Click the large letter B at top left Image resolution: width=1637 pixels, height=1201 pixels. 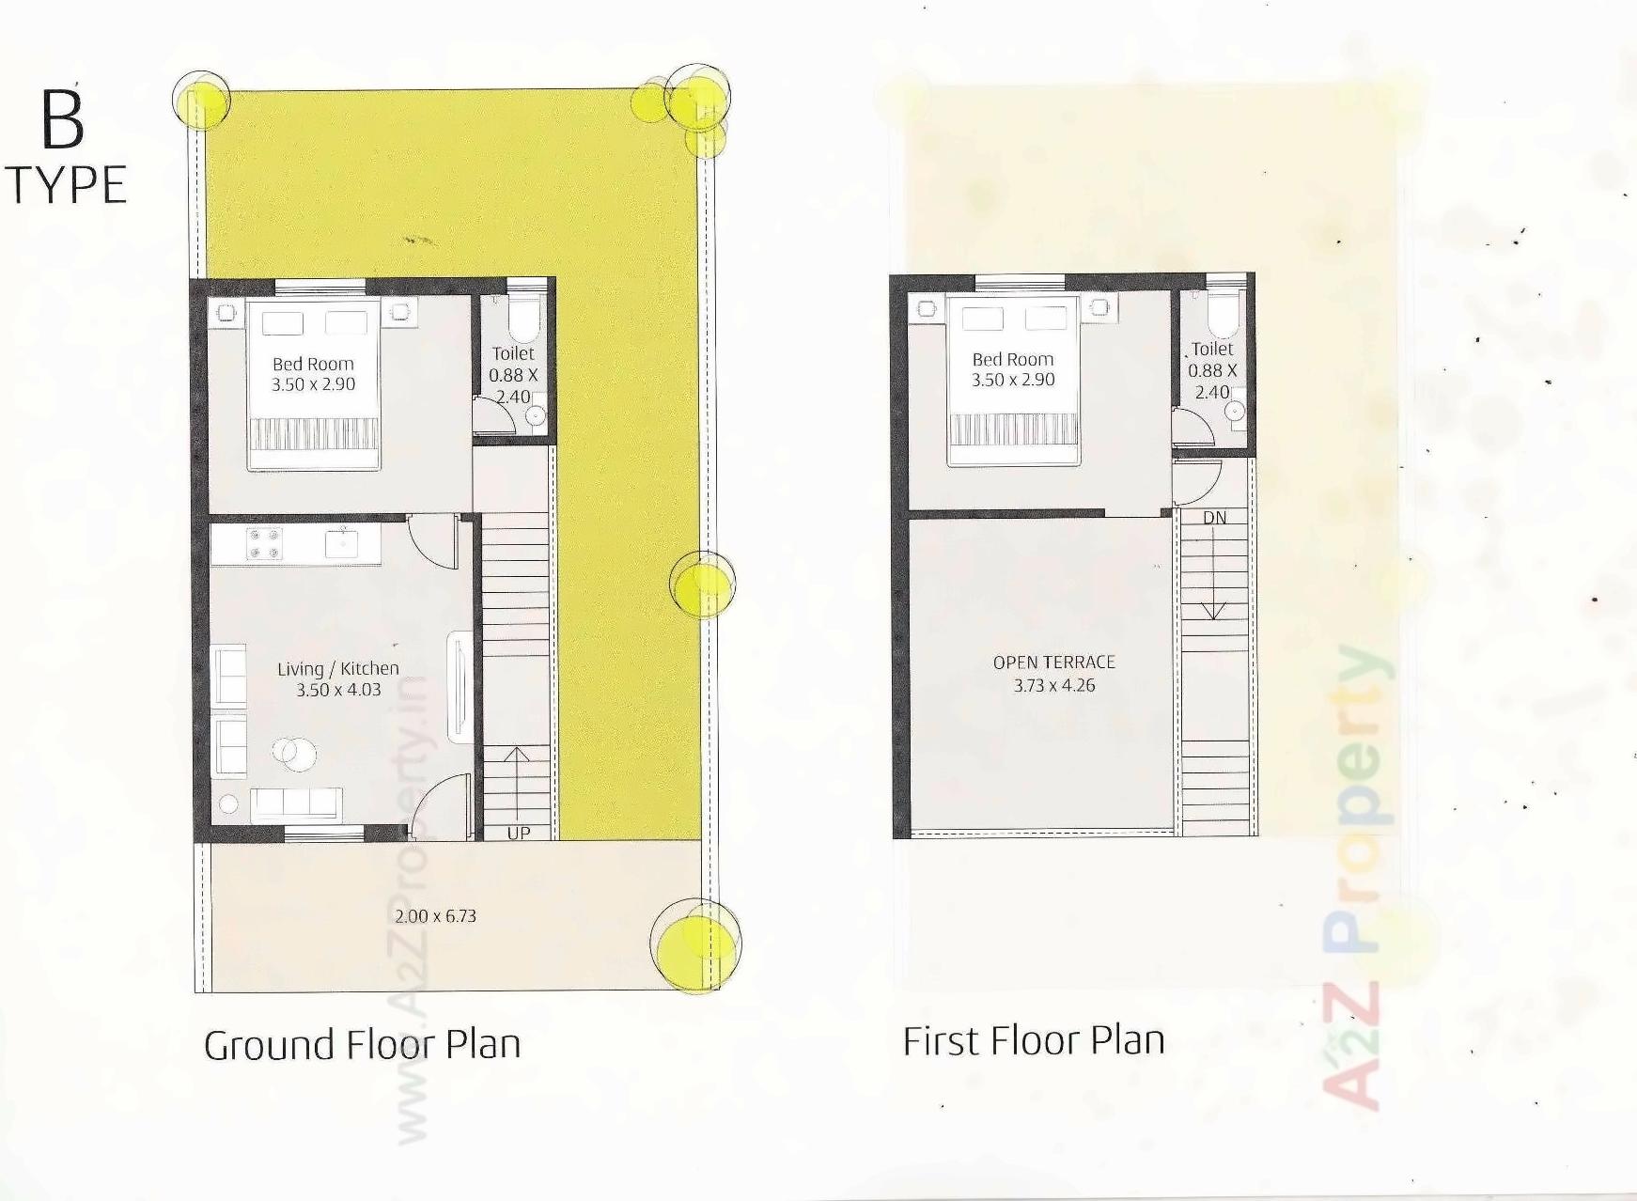tap(63, 120)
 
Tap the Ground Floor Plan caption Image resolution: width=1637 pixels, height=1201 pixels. tap(363, 1045)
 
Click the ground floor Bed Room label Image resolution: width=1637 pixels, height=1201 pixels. tap(313, 364)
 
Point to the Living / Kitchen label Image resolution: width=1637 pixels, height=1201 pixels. tap(337, 668)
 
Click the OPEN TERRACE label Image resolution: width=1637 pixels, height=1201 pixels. tap(1053, 663)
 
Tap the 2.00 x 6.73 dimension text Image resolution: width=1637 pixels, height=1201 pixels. tap(435, 916)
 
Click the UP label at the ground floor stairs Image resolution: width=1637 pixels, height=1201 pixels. tap(518, 833)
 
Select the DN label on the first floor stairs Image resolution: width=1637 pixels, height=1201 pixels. tap(1214, 518)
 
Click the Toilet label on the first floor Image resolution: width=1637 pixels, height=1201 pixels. tap(1212, 349)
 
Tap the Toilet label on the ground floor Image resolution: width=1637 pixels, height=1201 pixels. tap(513, 353)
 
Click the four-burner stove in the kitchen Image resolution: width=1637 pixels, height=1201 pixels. tap(264, 544)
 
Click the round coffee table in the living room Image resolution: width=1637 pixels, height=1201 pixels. tap(293, 753)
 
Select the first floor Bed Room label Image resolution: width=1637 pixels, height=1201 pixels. tap(1012, 359)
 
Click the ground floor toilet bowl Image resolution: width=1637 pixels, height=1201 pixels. tap(523, 320)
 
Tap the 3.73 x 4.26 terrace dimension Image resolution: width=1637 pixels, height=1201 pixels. tap(1053, 685)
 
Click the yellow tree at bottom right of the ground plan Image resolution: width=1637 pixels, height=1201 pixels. tap(697, 944)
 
